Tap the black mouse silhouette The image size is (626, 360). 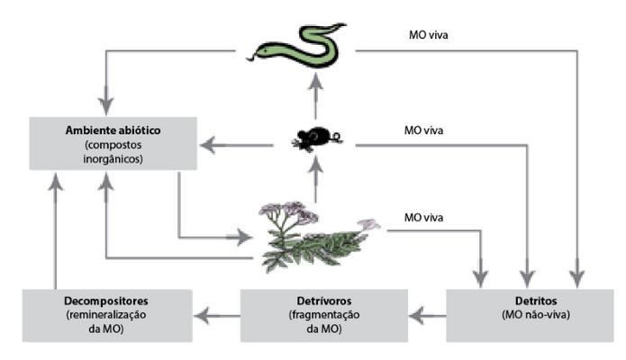point(316,139)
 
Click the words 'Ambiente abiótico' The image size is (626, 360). point(113,130)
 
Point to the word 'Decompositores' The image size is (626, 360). point(106,301)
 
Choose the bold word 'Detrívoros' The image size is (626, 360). point(324,301)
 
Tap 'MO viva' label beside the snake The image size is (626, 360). point(429,35)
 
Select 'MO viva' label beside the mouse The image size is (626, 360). point(423,130)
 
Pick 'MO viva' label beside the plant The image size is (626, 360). point(423,218)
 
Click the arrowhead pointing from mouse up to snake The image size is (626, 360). point(316,83)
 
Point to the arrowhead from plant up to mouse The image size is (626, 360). point(316,165)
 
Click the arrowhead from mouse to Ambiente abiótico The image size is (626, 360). point(208,145)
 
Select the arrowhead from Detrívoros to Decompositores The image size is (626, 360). point(204,316)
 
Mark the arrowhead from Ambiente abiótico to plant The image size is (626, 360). point(243,238)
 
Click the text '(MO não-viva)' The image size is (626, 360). point(536,315)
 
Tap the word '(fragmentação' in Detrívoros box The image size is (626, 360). point(324,315)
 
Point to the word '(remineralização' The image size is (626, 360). point(106,315)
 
